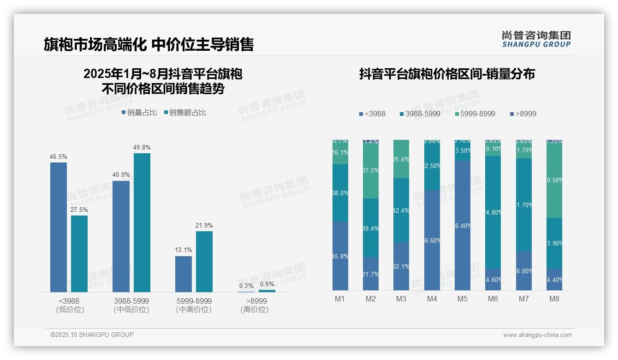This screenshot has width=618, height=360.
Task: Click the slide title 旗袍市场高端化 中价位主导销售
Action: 149,44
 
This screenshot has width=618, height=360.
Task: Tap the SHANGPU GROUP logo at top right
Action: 536,39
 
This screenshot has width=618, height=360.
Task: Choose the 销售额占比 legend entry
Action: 185,113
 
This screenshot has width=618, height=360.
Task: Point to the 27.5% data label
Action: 79,210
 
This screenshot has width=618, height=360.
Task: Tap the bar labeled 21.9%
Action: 204,261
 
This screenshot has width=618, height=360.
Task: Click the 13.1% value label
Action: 184,250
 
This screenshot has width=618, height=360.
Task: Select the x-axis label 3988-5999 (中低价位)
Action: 131,305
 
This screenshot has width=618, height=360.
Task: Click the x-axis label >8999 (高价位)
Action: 254,305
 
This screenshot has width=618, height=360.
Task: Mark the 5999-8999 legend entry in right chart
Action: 475,114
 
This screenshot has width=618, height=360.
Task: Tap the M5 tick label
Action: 463,299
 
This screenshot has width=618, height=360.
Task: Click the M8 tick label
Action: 554,299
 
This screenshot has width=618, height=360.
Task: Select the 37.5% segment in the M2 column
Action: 371,171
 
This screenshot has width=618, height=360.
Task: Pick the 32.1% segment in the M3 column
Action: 401,266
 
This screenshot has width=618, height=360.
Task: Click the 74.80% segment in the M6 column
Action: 493,212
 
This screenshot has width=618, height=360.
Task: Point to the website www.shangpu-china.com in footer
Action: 537,335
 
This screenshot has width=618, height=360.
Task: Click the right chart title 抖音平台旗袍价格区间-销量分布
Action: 447,74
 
